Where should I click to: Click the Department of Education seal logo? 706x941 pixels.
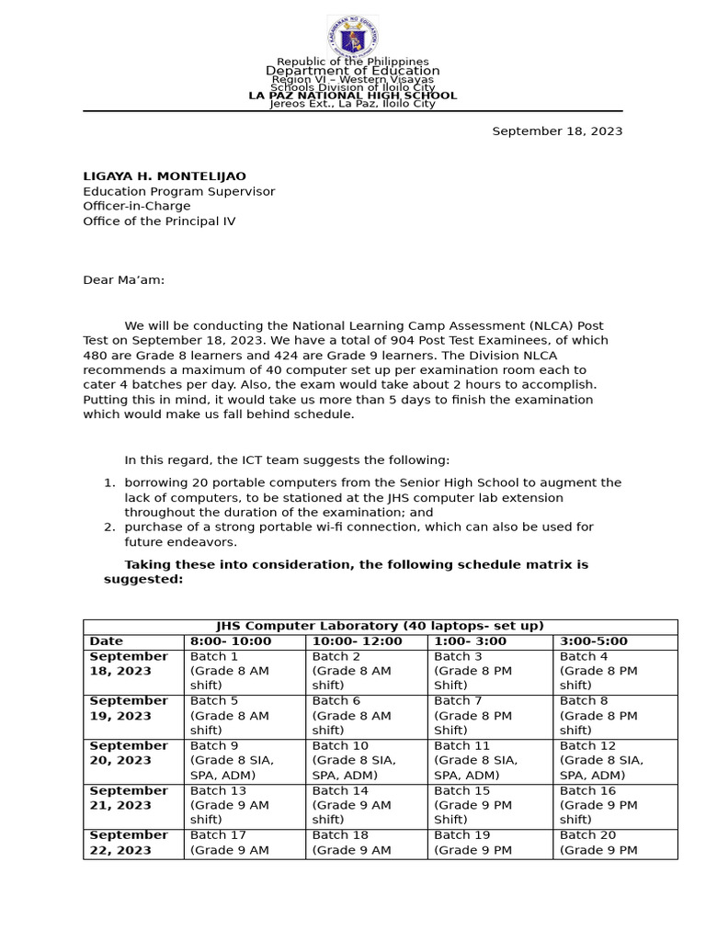click(x=352, y=38)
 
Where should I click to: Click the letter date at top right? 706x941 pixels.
click(x=557, y=131)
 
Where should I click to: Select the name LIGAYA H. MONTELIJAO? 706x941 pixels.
click(x=165, y=176)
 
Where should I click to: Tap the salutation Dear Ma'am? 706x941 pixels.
click(x=124, y=280)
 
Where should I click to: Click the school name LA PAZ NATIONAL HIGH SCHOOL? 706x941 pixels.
click(x=352, y=96)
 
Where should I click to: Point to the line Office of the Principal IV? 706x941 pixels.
click(x=159, y=221)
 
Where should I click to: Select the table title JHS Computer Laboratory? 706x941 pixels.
click(x=380, y=626)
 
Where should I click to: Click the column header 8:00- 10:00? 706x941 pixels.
click(x=231, y=641)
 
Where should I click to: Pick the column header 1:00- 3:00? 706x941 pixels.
click(x=470, y=641)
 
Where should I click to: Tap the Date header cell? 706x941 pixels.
click(x=107, y=641)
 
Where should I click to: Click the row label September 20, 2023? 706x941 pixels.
click(x=129, y=753)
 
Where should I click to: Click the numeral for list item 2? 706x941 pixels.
click(x=108, y=527)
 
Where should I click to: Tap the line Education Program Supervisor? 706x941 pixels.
click(x=179, y=191)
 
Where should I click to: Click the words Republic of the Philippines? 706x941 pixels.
click(x=352, y=62)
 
